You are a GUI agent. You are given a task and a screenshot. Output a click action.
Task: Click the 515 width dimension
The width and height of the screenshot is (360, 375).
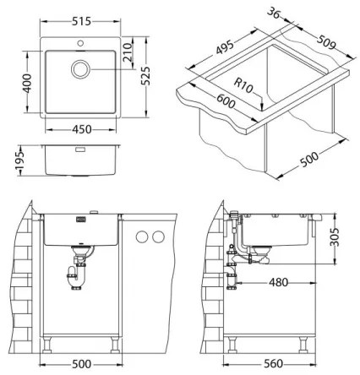(x=82, y=9)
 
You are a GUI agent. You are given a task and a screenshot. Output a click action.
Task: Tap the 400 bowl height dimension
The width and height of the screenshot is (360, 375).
(x=26, y=82)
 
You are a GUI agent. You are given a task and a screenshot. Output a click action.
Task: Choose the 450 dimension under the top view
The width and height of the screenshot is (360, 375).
(x=82, y=129)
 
